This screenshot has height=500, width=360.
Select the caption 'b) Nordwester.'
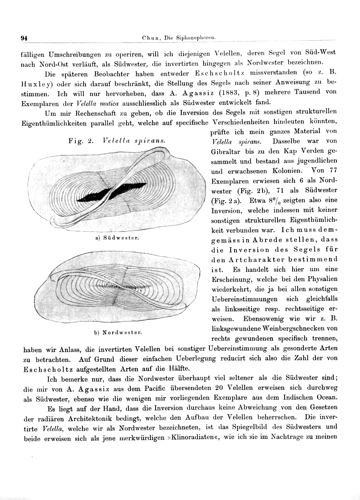[118, 332]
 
